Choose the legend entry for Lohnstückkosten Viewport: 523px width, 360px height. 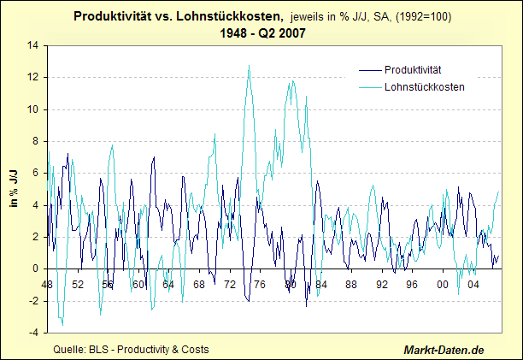point(419,86)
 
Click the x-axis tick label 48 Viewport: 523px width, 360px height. point(47,284)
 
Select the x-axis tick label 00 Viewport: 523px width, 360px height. point(443,284)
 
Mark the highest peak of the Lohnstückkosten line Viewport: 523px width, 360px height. point(249,66)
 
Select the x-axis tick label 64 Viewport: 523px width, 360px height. point(168,284)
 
